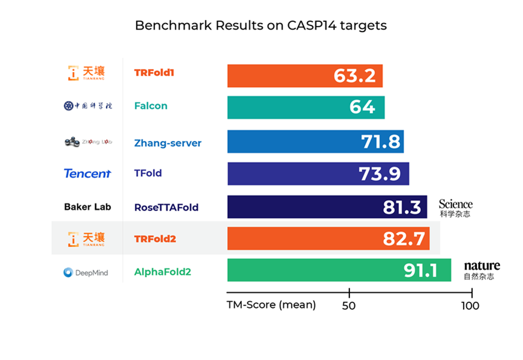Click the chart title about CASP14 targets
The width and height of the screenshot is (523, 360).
[x=261, y=25]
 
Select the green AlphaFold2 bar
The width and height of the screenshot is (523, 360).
[x=314, y=270]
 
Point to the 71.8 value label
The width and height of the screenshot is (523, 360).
[x=381, y=142]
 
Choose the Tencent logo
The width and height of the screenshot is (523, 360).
[x=87, y=174]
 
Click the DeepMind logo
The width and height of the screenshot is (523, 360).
[x=86, y=272]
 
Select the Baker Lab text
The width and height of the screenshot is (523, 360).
[x=88, y=207]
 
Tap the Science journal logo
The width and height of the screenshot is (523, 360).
[x=456, y=208]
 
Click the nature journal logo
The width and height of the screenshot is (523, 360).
[x=482, y=270]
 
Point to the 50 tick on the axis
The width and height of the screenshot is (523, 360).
[x=349, y=306]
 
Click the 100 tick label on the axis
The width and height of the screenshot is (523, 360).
[x=470, y=306]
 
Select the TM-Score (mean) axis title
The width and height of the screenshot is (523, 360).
[x=271, y=305]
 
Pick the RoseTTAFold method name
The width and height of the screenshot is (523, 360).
[x=166, y=208]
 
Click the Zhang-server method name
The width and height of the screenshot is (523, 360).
[x=167, y=143]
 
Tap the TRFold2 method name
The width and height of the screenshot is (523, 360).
[x=155, y=238]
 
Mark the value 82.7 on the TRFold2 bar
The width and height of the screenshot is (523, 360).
[x=404, y=238]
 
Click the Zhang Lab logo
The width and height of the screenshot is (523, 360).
[x=88, y=142]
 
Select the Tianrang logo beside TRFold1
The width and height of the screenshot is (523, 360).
[x=86, y=73]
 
